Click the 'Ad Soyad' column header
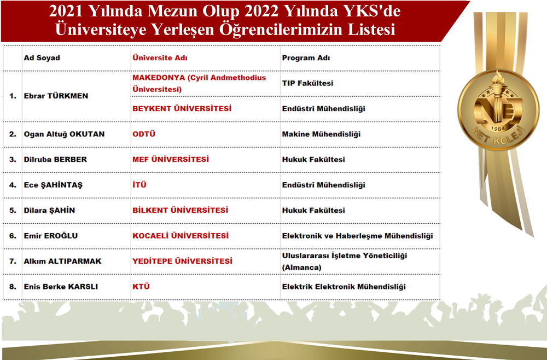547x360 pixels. (42, 58)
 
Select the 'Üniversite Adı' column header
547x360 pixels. (160, 58)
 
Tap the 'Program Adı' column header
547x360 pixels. (306, 58)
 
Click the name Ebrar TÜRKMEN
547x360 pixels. (56, 96)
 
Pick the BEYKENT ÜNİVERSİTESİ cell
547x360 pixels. (182, 108)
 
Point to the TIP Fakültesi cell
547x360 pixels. (307, 83)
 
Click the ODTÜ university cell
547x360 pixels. (144, 134)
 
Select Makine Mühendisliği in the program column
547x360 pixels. (321, 134)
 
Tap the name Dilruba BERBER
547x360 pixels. (55, 160)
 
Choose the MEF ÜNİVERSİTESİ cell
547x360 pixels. (171, 159)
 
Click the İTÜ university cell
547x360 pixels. (139, 185)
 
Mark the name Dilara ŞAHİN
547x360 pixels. (49, 210)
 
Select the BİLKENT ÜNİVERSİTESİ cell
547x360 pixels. (180, 210)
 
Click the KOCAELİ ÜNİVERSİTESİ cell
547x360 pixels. (181, 236)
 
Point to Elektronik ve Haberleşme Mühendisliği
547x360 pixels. (357, 236)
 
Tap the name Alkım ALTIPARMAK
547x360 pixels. (62, 262)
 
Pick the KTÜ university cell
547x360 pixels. (141, 286)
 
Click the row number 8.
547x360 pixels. (13, 287)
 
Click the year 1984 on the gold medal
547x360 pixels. (497, 129)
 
